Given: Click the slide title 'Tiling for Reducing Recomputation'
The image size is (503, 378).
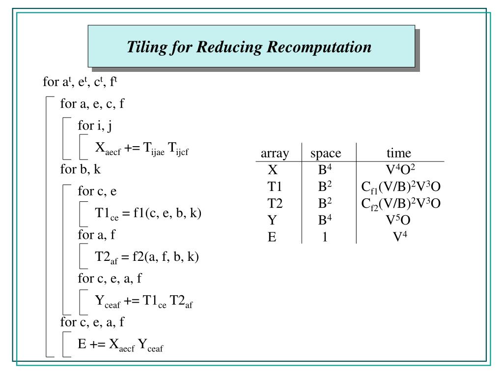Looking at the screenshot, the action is tap(249, 47).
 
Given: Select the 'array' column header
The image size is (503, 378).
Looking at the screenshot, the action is tap(275, 153).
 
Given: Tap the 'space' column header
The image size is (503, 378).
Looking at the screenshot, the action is tap(326, 153).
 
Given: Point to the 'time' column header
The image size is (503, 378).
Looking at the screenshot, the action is tap(398, 153).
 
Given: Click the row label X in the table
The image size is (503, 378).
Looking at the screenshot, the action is tap(273, 170).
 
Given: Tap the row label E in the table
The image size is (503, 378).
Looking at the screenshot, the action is tap(272, 237).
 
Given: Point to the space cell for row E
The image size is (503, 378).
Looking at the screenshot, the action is tap(325, 237).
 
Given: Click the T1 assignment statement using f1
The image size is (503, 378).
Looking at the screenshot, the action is tap(148, 214).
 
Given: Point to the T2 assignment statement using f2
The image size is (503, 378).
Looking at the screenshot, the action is tap(147, 257).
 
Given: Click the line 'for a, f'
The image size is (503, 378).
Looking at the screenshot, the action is tap(96, 235).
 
